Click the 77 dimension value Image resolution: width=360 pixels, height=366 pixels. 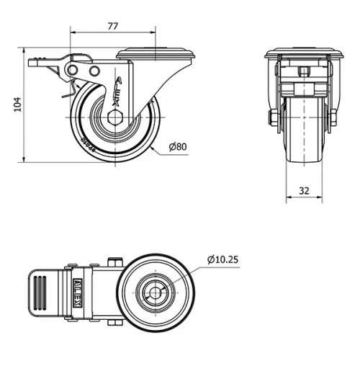click(112, 26)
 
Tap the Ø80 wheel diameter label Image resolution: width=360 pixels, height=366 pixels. click(178, 147)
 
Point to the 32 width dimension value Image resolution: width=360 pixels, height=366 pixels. click(302, 192)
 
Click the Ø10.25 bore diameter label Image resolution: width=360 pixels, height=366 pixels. click(222, 258)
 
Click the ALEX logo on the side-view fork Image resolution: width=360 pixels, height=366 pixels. click(117, 90)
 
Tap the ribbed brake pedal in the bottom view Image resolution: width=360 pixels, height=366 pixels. click(40, 295)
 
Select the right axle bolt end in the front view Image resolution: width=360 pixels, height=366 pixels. click(333, 117)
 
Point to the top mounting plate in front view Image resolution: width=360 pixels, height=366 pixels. click(302, 53)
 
